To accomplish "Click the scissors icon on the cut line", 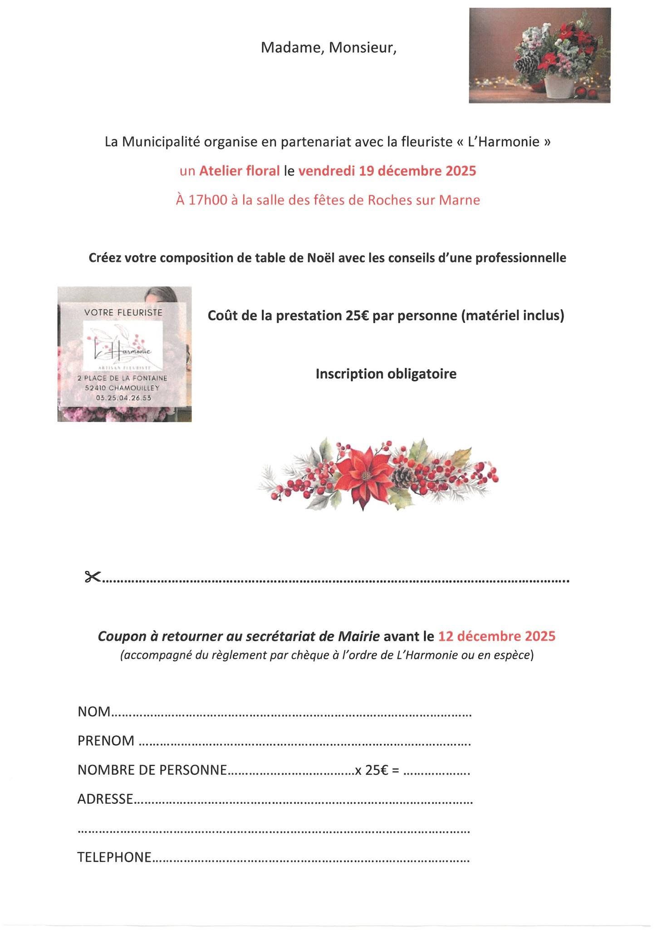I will tap(92, 577).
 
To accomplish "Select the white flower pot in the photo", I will tap(559, 86).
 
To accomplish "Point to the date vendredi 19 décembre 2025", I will tap(387, 171).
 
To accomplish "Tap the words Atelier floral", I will tap(240, 171).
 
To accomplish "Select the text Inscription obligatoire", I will tap(386, 374).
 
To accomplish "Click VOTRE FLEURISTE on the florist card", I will tap(123, 312).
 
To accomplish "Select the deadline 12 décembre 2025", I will tap(497, 636).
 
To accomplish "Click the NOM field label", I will tap(94, 712).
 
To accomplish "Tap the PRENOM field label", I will tap(106, 741).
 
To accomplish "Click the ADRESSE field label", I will tap(105, 799).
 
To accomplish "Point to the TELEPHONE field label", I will tap(114, 857).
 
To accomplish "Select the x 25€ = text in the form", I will tap(377, 770).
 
